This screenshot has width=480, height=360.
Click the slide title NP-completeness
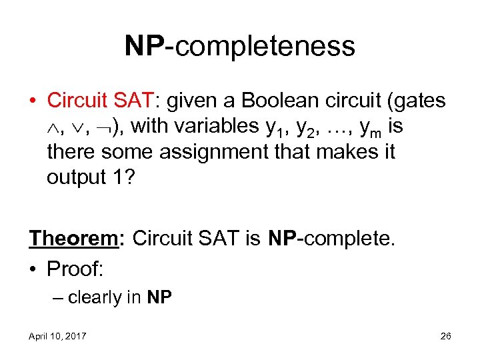click(x=239, y=46)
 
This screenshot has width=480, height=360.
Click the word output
click(x=79, y=177)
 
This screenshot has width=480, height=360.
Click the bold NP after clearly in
click(x=159, y=297)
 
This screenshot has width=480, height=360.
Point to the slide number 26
click(x=445, y=337)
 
